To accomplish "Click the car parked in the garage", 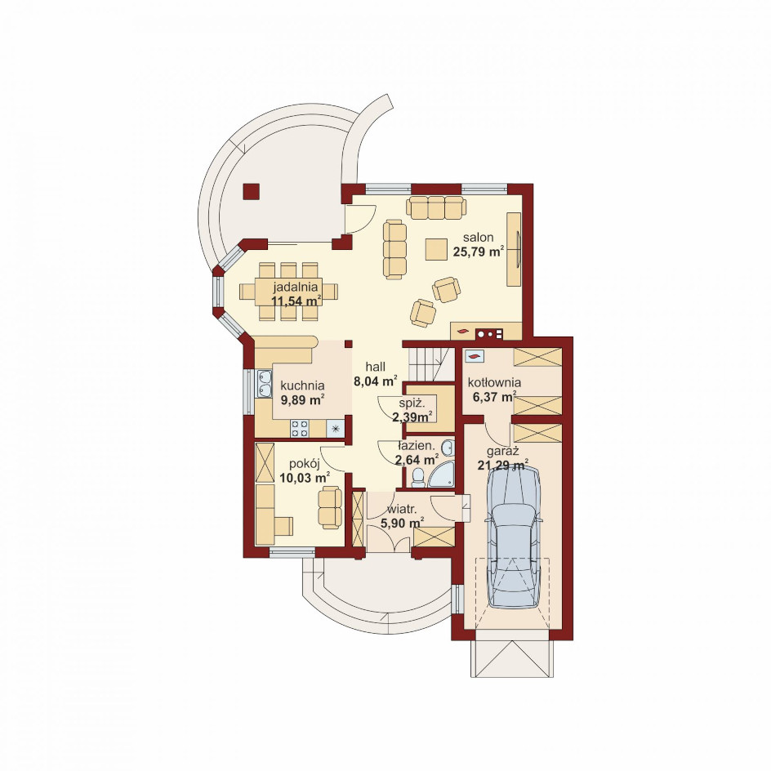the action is [x=514, y=536].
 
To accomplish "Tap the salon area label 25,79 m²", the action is [x=478, y=252].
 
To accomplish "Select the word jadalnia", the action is [x=296, y=286].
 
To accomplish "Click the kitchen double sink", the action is [x=264, y=384].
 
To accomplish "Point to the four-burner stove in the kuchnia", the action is [x=300, y=428].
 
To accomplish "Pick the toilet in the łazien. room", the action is [x=418, y=478].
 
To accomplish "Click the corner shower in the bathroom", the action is [x=441, y=474].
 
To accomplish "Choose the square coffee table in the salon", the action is [x=437, y=249].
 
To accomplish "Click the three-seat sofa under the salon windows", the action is [x=435, y=207].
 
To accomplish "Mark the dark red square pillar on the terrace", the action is [x=252, y=192].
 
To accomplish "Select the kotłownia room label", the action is [x=494, y=382].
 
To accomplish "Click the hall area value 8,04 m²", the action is [x=376, y=381].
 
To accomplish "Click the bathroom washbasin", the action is [x=448, y=448].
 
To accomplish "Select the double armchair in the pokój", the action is [x=329, y=507].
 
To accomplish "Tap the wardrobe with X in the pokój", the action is [x=265, y=461].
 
